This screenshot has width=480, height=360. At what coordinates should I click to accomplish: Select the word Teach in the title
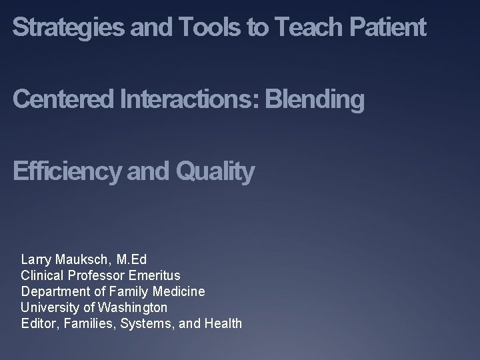(304, 28)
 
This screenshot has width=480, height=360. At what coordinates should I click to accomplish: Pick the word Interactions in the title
(190, 100)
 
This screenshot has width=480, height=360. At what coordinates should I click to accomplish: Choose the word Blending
(315, 100)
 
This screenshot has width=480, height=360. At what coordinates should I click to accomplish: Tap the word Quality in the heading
(215, 172)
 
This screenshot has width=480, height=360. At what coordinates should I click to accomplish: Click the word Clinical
(42, 275)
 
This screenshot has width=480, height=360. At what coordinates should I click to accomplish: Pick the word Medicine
(179, 291)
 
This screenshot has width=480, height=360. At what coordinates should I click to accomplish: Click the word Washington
(133, 307)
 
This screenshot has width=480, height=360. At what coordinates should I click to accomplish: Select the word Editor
(37, 324)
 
